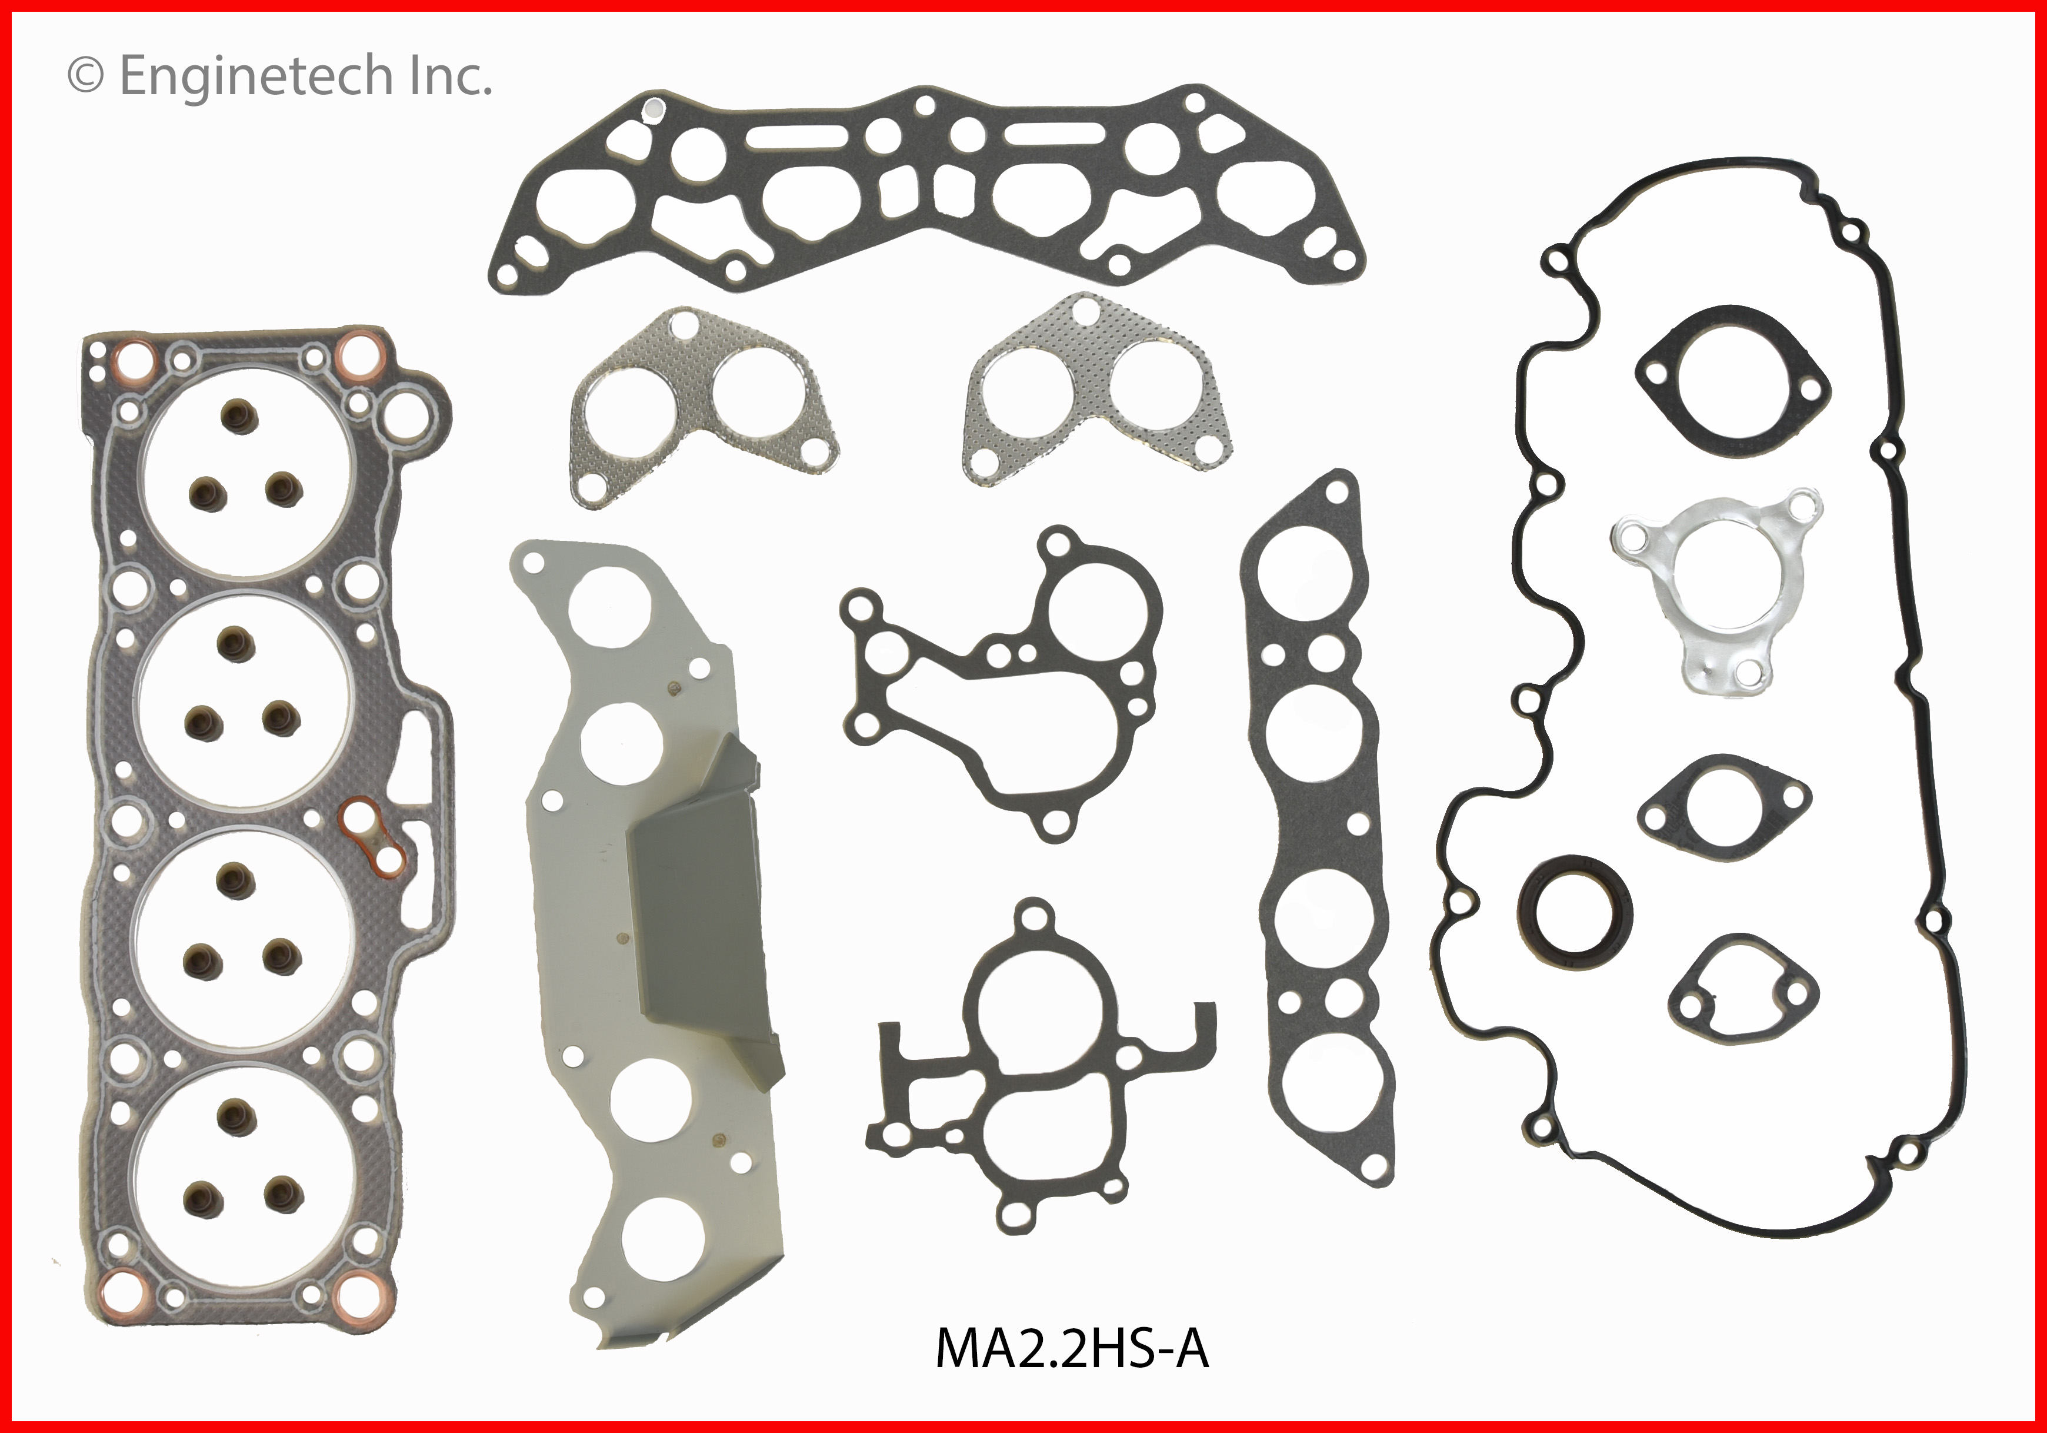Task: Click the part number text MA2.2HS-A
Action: [1072, 1324]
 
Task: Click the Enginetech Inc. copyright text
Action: [280, 76]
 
